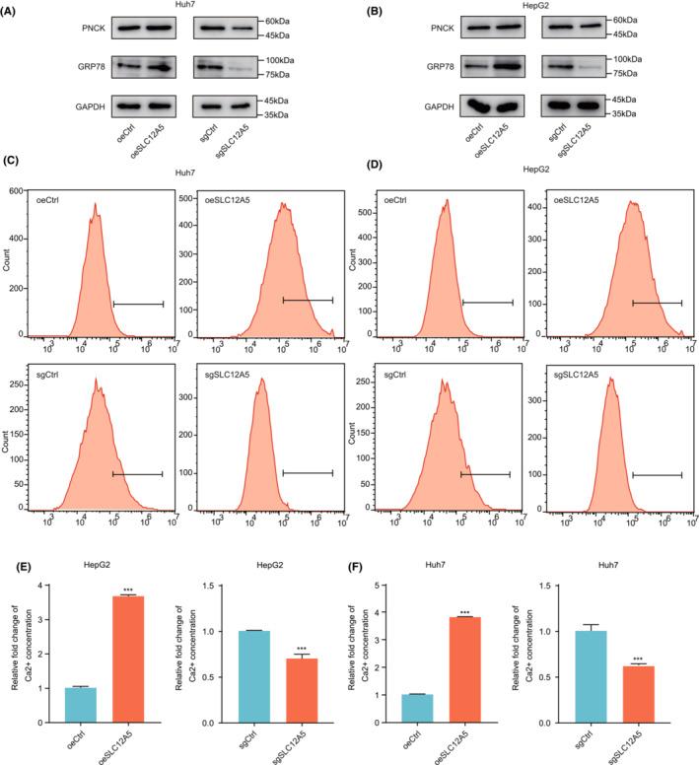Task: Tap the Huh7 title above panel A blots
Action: [x=174, y=6]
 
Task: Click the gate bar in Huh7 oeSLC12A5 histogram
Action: [x=308, y=300]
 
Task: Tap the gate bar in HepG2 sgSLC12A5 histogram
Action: [x=657, y=475]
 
